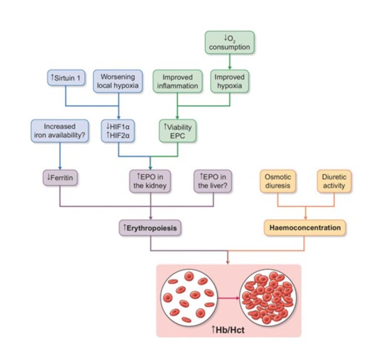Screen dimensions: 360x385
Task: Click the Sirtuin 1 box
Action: [x=65, y=77]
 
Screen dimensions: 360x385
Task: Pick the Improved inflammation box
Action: [x=177, y=81]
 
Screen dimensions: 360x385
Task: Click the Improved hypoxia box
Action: [x=229, y=81]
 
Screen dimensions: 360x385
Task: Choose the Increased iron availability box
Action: [x=60, y=131]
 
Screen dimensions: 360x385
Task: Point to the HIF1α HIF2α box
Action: [x=118, y=131]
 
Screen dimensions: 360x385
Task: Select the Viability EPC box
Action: [x=177, y=131]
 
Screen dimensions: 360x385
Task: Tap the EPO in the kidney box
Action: [x=151, y=181]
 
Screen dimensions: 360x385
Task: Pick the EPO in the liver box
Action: [x=213, y=181]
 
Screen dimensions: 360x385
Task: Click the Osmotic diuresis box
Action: [x=278, y=181]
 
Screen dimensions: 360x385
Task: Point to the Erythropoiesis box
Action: [x=151, y=228]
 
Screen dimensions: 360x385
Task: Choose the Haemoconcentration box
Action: [x=305, y=228]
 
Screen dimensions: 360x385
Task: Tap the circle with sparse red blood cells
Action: [x=189, y=297]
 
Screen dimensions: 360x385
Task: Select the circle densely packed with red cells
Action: [x=268, y=297]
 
